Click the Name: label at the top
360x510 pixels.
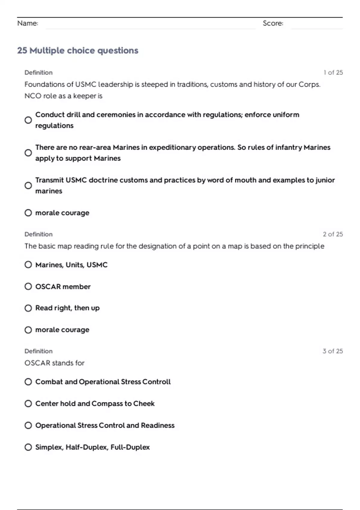pos(28,23)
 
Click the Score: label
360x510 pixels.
pos(273,23)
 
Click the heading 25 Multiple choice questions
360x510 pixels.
pos(78,50)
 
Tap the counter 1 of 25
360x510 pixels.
pos(333,73)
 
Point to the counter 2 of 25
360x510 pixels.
pos(333,234)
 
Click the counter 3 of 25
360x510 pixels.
pos(333,351)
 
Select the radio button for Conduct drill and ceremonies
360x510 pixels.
pos(28,120)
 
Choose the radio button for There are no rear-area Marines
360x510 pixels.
pos(28,153)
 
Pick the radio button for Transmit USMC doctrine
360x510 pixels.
pos(28,185)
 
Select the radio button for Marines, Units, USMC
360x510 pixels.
pos(28,265)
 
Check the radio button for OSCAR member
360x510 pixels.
pos(28,286)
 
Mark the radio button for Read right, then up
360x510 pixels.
pos(28,308)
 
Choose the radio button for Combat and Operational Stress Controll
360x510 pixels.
pos(28,382)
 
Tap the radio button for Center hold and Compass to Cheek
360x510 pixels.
pos(28,403)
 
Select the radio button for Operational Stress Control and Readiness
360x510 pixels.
pos(28,425)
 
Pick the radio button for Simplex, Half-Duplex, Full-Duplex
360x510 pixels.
pos(28,447)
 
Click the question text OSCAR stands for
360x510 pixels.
pos(54,363)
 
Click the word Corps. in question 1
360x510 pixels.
pos(309,85)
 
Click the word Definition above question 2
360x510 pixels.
pos(38,234)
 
